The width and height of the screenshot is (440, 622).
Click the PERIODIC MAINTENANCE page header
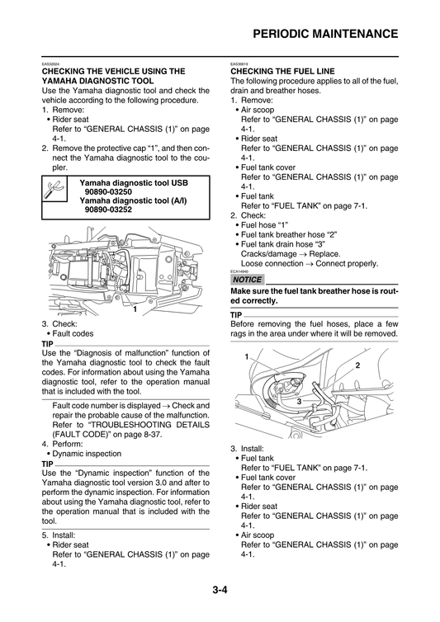click(325, 34)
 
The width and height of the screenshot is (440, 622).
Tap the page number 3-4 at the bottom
click(220, 591)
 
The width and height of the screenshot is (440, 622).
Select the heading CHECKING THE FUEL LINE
click(286, 71)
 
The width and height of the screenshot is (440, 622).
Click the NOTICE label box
click(249, 280)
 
